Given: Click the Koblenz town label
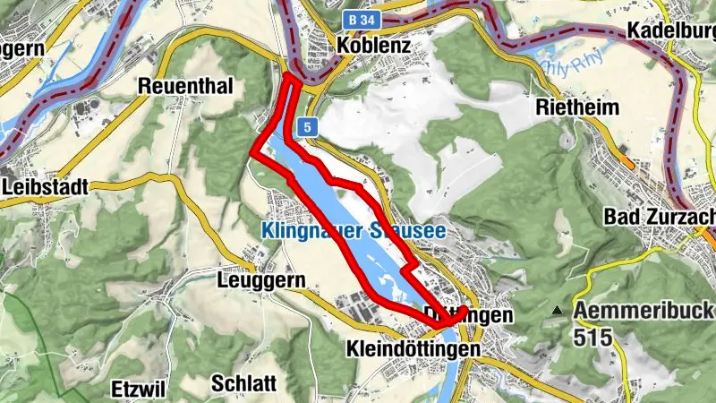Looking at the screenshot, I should tap(374, 45).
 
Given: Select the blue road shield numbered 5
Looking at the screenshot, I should tap(308, 128).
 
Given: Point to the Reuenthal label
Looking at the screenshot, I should tap(185, 86).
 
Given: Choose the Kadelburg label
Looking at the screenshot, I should tap(671, 31).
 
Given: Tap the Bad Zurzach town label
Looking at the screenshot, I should tap(659, 216).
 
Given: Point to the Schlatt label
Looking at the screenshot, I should tap(243, 383).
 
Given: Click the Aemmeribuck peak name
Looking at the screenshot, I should tap(644, 312).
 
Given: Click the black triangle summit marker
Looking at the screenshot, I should tap(558, 311).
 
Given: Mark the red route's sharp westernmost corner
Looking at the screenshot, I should tap(252, 154).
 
